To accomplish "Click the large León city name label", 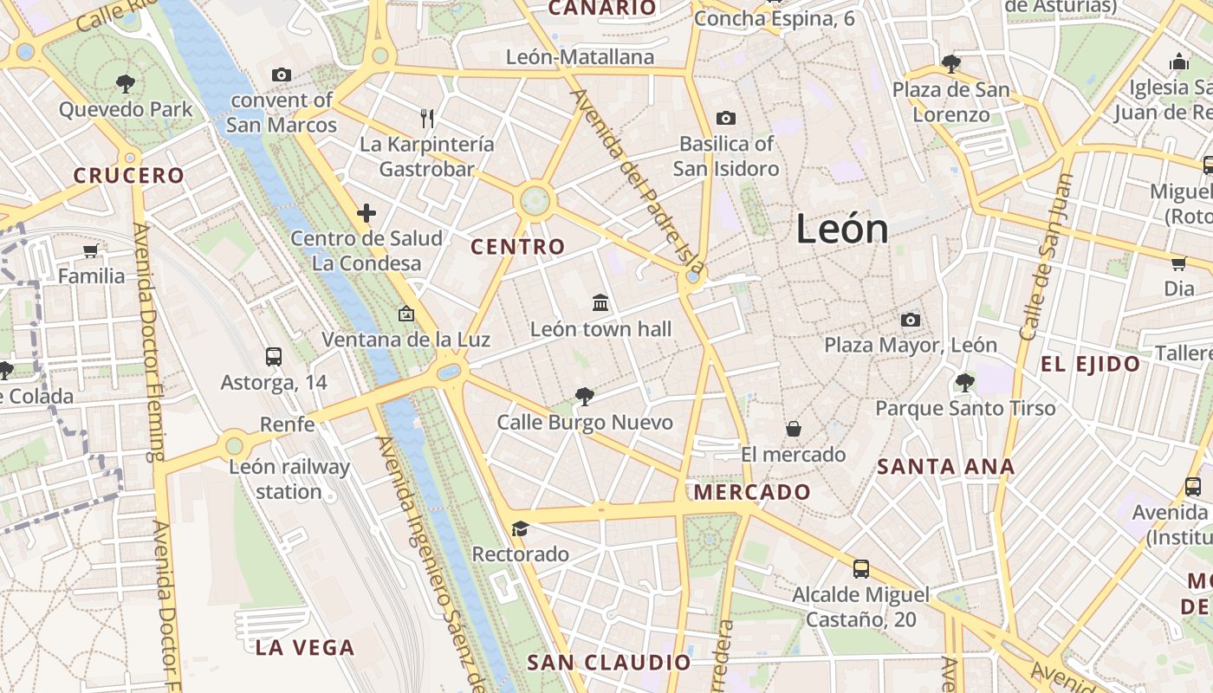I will (842, 230).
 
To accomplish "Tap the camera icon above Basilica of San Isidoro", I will (726, 118).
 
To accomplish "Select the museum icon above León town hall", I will (600, 302).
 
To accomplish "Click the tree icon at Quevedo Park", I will (126, 83).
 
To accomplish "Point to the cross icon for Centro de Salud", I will (366, 212).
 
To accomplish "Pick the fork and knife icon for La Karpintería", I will (426, 118).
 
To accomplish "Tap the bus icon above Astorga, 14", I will (274, 356).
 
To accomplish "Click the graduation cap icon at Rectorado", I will (520, 528).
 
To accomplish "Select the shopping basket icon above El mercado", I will (793, 429).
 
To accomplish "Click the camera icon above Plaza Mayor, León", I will (910, 320).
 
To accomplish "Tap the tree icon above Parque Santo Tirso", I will (965, 382).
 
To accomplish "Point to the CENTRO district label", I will (517, 247).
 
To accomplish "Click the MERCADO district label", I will (753, 492).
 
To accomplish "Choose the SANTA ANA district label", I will (945, 467).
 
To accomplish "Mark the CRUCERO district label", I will (129, 176).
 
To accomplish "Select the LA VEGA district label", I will (305, 647).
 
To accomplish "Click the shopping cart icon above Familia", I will (91, 251).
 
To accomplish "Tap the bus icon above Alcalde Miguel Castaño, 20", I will (860, 568).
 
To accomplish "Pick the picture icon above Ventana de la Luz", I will (405, 314).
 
